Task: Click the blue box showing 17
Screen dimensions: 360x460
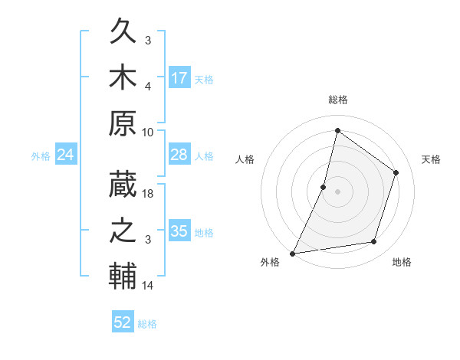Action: (179, 78)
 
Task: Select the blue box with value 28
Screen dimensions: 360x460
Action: (179, 155)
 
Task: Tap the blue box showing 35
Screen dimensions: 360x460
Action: (179, 232)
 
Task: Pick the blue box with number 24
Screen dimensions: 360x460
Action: (66, 155)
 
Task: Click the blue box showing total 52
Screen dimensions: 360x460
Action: (123, 322)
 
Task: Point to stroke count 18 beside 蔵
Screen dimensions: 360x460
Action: (149, 194)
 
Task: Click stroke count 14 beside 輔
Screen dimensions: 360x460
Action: (149, 286)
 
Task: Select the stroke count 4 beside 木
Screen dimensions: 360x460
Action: (149, 86)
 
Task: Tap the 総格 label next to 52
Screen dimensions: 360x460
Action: (147, 324)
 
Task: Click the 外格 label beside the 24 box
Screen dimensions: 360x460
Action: (41, 156)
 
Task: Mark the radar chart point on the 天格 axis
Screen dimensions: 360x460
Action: (396, 172)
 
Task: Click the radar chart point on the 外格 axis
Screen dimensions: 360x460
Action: (293, 253)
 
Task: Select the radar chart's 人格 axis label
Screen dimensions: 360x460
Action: (245, 159)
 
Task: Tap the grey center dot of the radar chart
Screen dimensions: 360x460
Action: (337, 191)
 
